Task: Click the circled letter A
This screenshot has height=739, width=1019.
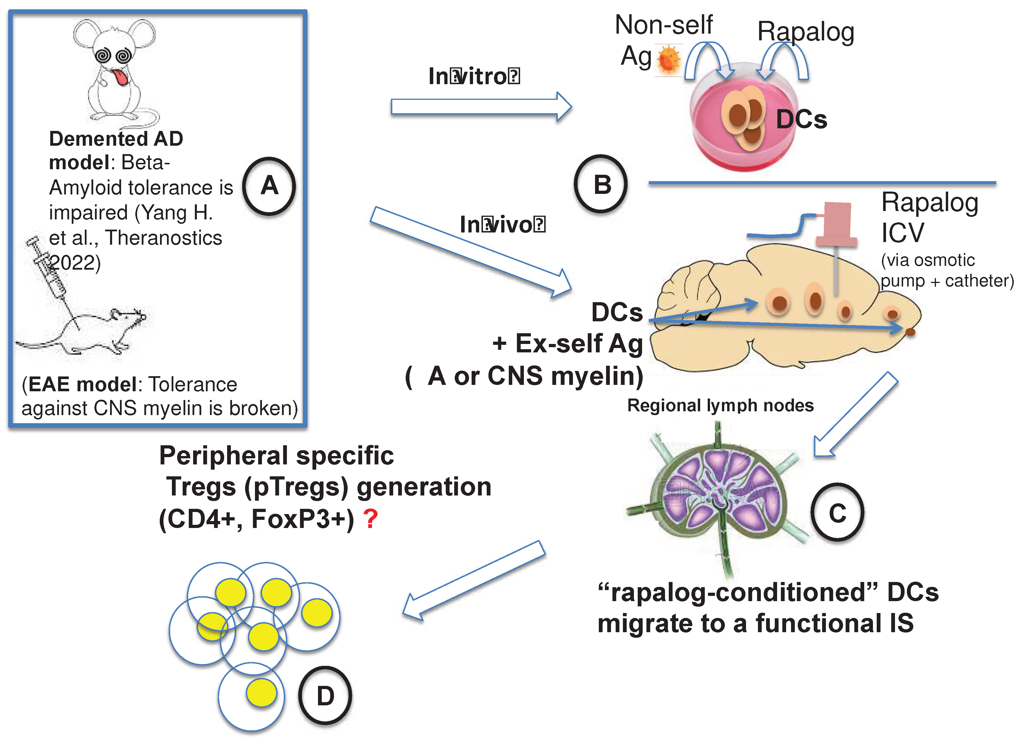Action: [269, 185]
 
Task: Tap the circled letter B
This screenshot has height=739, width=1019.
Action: [601, 184]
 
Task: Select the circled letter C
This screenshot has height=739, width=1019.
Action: [838, 512]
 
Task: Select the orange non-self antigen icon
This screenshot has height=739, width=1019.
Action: [668, 60]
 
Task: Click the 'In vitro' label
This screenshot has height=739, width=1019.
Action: [474, 76]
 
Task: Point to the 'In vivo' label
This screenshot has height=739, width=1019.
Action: [502, 224]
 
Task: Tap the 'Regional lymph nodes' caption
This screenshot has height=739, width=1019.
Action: [720, 405]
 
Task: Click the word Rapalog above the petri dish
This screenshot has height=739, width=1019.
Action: [806, 32]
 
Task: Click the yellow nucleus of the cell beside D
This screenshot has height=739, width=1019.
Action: [261, 693]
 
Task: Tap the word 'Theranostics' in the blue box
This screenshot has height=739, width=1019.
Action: [163, 237]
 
